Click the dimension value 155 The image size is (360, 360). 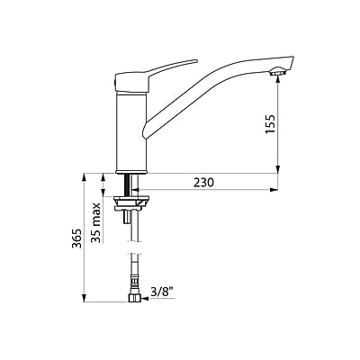[271, 124]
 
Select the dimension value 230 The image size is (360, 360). [203, 183]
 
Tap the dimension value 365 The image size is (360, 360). [76, 238]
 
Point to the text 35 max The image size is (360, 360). [96, 223]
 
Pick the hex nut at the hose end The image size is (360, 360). [134, 298]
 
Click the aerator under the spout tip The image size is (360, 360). [277, 72]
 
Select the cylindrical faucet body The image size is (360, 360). [130, 131]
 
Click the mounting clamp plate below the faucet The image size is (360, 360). [131, 202]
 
